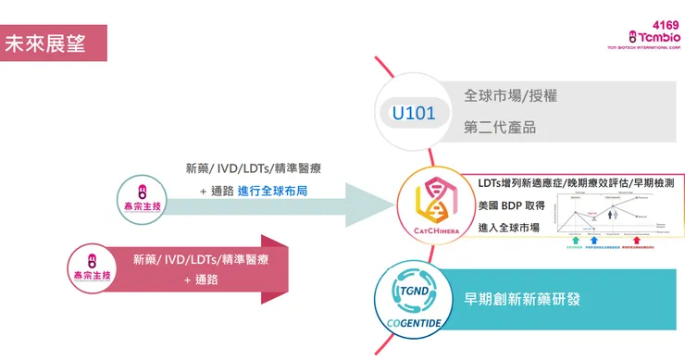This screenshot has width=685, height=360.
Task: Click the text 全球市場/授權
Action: pyautogui.click(x=510, y=95)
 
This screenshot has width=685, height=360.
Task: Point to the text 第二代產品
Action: pyautogui.click(x=500, y=128)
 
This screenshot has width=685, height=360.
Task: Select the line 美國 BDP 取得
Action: pyautogui.click(x=511, y=205)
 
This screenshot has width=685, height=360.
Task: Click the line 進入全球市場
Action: pyautogui.click(x=508, y=228)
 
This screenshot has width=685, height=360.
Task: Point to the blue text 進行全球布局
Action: pyautogui.click(x=272, y=191)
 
